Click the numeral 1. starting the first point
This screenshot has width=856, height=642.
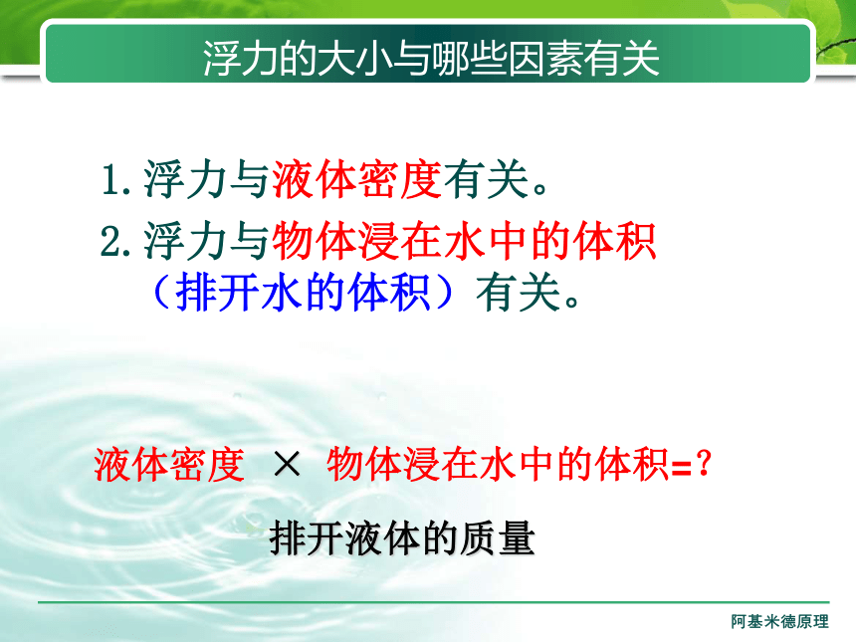click(x=116, y=179)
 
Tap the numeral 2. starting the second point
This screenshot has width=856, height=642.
click(x=115, y=240)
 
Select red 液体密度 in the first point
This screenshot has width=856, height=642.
click(x=356, y=179)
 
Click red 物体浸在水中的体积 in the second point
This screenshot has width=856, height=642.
click(x=464, y=241)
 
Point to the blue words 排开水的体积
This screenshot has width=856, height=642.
click(x=303, y=292)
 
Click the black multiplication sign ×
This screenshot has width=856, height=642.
click(x=287, y=465)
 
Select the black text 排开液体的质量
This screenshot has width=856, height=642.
click(x=402, y=538)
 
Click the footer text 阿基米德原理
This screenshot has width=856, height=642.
click(x=779, y=621)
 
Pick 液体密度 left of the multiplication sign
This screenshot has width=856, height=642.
click(x=169, y=465)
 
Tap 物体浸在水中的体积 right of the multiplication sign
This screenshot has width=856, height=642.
click(x=498, y=465)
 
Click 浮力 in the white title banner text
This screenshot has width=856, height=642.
click(x=239, y=58)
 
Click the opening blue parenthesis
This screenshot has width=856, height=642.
click(x=161, y=292)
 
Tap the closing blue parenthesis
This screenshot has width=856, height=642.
click(x=444, y=292)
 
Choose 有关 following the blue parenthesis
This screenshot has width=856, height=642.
click(x=518, y=293)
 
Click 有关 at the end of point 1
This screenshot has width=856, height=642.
click(x=486, y=179)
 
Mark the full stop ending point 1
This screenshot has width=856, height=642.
click(x=539, y=189)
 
